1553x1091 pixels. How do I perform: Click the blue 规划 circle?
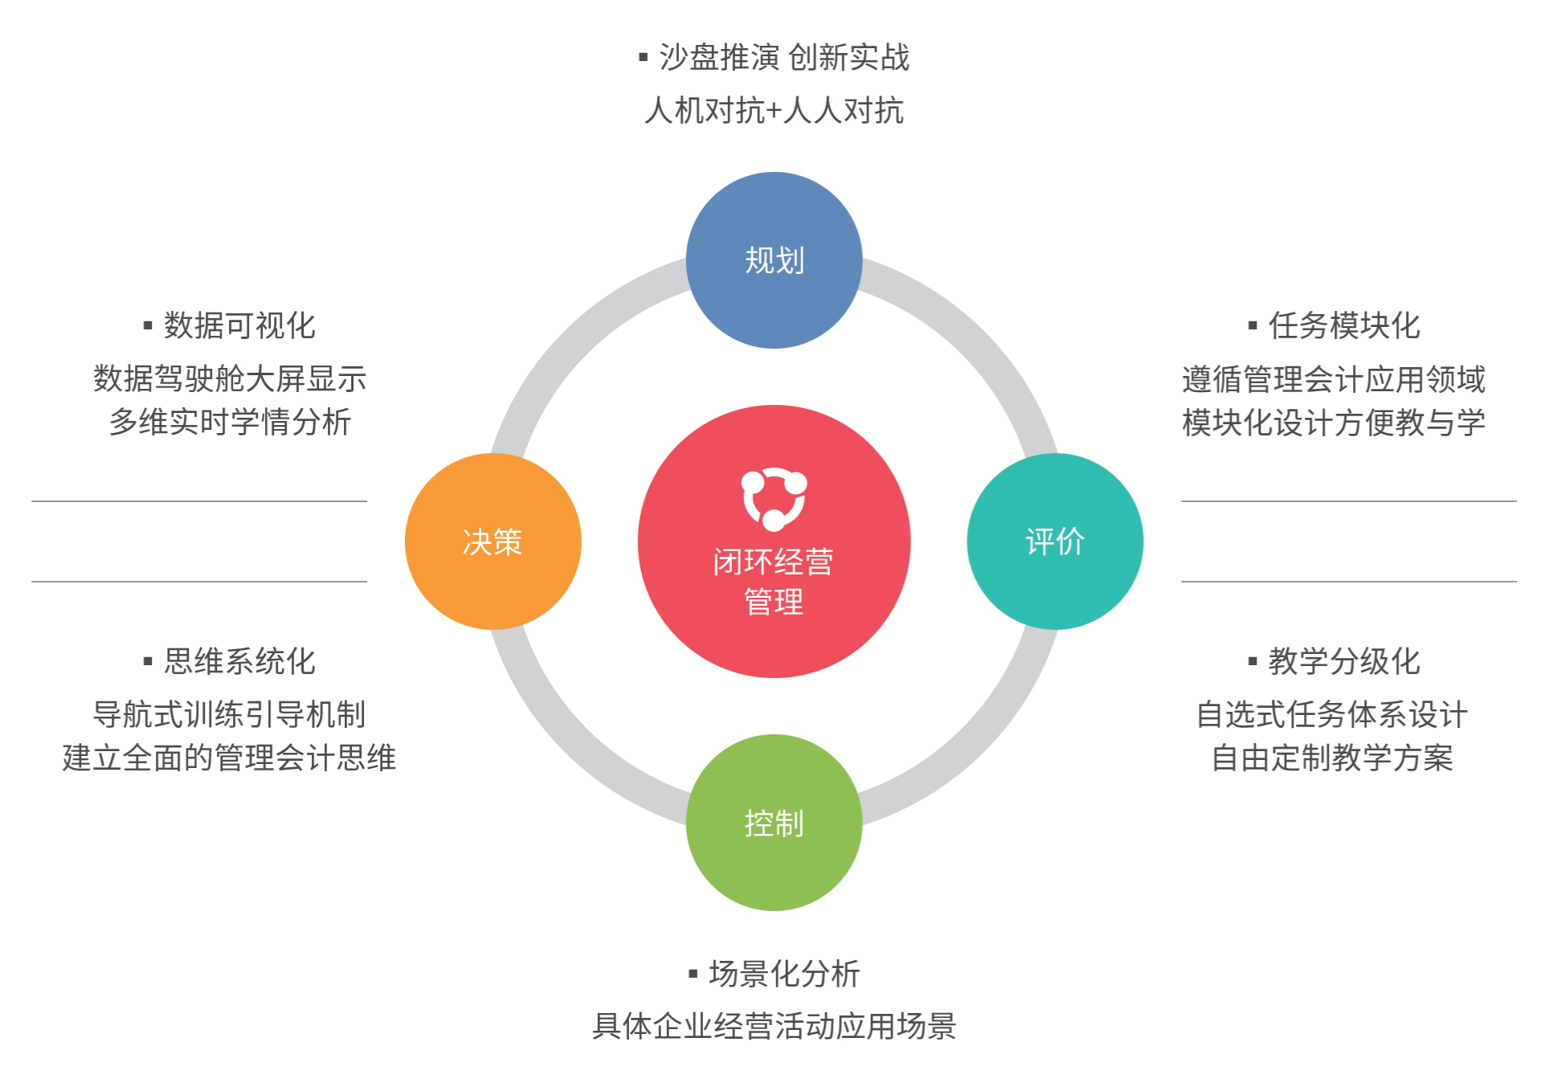coord(774,260)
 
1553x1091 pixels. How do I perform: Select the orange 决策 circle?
coord(492,541)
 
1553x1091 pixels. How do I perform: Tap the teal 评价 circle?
coord(1055,541)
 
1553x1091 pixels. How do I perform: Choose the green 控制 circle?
coord(774,823)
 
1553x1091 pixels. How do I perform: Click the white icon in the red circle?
coord(774,498)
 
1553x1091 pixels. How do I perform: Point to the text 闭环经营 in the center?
coord(773,562)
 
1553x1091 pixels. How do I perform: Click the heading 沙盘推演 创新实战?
coord(784,58)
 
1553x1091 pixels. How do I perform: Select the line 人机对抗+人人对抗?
coord(774,111)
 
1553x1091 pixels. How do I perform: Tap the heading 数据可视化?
coord(239,325)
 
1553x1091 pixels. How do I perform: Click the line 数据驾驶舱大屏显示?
coord(230,378)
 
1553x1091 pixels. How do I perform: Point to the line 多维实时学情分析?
coord(230,422)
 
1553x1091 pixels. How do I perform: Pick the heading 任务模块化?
coord(1344,325)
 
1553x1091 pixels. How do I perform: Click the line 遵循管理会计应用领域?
coord(1334,378)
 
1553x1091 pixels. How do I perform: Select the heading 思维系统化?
coord(239,661)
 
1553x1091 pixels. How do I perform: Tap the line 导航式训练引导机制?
coord(230,714)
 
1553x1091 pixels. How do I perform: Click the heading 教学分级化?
coord(1344,661)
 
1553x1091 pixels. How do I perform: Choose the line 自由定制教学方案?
coord(1332,758)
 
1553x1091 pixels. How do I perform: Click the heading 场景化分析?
coord(784,974)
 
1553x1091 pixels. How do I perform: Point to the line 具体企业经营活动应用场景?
coord(774,1027)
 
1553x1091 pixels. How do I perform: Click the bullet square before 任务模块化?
coord(1252,326)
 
